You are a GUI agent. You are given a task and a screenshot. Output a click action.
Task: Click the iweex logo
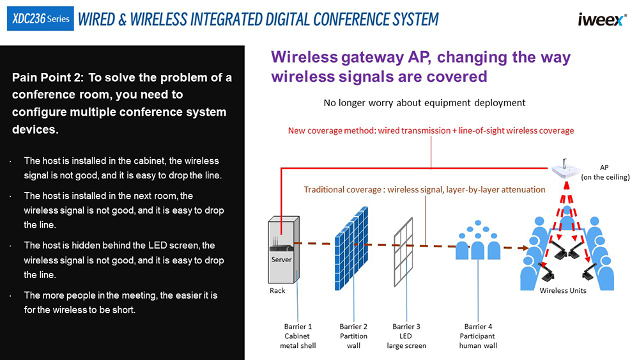pos(602,19)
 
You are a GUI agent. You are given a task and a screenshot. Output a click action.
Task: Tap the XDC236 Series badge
pos(40,19)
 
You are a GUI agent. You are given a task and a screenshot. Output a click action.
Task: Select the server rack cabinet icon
pos(282,249)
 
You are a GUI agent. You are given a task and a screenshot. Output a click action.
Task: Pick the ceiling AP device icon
pos(567,169)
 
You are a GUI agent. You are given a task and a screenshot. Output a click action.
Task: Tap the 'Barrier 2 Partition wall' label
pos(353,336)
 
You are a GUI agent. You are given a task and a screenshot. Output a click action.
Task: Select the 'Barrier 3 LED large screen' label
pos(406,336)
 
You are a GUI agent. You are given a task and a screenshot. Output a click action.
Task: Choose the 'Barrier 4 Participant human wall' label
pos(478,336)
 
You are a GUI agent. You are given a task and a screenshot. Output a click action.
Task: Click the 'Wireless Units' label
pos(562,290)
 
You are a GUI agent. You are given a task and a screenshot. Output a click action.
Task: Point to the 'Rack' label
pos(277,290)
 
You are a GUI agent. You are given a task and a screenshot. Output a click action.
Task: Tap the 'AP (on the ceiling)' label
pos(605,172)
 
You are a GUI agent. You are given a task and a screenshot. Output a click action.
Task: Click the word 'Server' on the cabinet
pos(281,260)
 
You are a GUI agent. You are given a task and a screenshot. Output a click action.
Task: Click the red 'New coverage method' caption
pos(431,130)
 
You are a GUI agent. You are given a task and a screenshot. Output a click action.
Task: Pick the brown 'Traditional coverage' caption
pos(424,189)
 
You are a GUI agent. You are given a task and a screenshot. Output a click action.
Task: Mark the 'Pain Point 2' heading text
pos(122,103)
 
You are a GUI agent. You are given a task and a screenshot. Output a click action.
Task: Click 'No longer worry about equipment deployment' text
pos(424,102)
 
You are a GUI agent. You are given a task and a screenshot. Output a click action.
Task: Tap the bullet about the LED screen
pos(123,260)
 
